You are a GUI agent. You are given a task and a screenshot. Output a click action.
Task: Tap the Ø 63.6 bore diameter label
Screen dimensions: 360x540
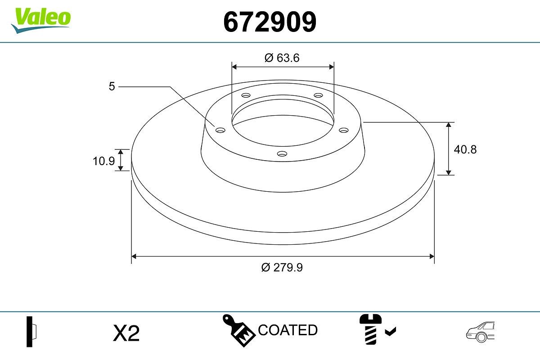(282, 58)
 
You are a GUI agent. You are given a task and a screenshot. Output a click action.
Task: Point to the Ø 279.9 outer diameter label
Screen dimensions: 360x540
(282, 267)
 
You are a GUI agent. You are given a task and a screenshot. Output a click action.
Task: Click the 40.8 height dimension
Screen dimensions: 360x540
(465, 149)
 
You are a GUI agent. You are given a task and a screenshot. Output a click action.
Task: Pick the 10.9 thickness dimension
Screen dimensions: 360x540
(104, 161)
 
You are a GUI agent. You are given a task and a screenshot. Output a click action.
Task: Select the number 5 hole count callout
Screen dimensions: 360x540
(112, 86)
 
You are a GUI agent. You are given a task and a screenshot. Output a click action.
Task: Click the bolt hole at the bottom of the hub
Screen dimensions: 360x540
(282, 154)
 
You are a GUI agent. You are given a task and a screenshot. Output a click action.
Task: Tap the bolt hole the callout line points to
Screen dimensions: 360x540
(220, 130)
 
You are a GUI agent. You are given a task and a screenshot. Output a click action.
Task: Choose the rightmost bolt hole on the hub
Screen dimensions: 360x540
(344, 130)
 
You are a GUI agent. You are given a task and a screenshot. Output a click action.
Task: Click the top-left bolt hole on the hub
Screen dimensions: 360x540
(246, 95)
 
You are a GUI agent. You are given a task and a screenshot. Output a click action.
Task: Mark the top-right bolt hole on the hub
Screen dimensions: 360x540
(319, 95)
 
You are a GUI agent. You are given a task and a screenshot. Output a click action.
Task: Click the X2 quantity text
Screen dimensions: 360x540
(127, 333)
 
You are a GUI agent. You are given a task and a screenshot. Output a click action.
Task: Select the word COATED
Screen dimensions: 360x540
(288, 330)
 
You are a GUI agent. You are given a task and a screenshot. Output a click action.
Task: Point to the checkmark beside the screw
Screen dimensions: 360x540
(391, 332)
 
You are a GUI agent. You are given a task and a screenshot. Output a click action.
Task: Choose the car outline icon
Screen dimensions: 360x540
(480, 332)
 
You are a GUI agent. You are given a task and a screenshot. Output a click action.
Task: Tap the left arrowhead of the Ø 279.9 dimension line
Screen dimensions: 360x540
(134, 256)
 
